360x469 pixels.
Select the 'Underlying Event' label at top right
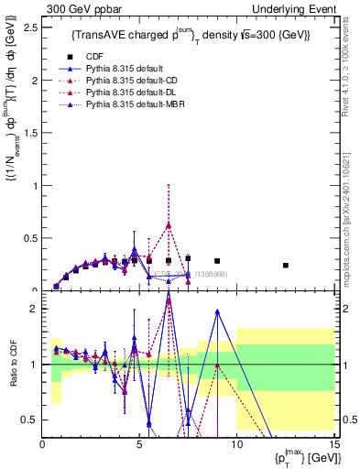coord(297,8)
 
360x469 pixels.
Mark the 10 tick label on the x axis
coord(236,444)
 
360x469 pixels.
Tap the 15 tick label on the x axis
coord(333,444)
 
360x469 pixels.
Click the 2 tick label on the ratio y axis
coord(34,309)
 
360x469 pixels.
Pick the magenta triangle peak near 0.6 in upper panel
coord(169,224)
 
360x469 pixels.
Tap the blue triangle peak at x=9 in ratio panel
coord(217,311)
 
